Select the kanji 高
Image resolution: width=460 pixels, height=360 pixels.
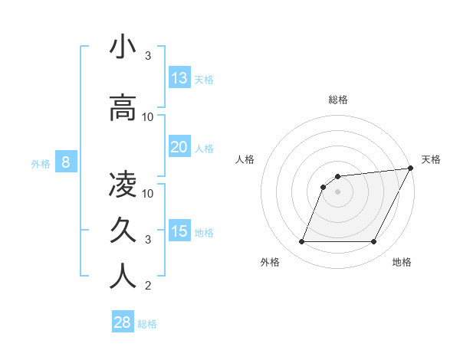pyautogui.click(x=123, y=108)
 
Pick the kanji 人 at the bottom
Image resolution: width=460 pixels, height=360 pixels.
pyautogui.click(x=123, y=277)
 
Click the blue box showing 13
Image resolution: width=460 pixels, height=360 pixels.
pyautogui.click(x=179, y=78)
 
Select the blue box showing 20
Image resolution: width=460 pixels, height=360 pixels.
pyautogui.click(x=179, y=147)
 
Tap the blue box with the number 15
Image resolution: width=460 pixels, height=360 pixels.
pyautogui.click(x=179, y=231)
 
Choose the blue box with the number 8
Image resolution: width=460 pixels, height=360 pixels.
pyautogui.click(x=66, y=162)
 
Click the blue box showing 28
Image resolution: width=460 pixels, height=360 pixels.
pyautogui.click(x=123, y=322)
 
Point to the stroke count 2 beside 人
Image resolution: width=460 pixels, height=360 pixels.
pyautogui.click(x=148, y=286)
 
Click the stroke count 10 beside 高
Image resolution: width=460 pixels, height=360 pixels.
pyautogui.click(x=148, y=117)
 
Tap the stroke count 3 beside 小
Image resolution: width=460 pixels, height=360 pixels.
pyautogui.click(x=148, y=56)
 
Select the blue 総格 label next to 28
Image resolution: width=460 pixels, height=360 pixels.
pyautogui.click(x=147, y=324)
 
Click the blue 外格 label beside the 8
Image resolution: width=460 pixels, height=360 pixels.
pyautogui.click(x=41, y=163)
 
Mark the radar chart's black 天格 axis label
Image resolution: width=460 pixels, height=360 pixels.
pyautogui.click(x=431, y=159)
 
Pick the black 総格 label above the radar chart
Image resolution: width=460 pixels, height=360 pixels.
pyautogui.click(x=338, y=100)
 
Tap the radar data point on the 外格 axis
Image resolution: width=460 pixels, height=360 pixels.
pyautogui.click(x=301, y=242)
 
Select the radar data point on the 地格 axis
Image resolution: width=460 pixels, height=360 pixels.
pyautogui.click(x=373, y=242)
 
